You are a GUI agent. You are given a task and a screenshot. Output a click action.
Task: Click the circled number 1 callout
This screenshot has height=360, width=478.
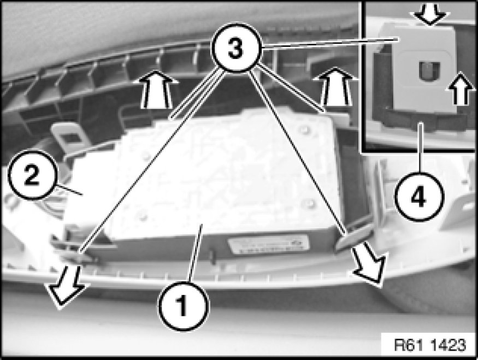(x=184, y=306)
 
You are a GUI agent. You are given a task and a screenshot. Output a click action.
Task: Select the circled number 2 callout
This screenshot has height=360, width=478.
(x=32, y=175)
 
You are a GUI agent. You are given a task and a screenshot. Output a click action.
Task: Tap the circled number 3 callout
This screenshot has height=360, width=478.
(x=237, y=48)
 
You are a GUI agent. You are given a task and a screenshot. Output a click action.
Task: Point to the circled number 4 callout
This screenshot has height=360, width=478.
(x=420, y=197)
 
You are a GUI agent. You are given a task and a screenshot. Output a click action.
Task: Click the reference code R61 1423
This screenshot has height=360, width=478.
(x=430, y=345)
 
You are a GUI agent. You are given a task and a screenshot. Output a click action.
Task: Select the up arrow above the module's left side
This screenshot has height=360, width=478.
(x=156, y=89)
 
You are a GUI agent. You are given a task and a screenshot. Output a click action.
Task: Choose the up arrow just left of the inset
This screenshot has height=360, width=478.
(x=334, y=86)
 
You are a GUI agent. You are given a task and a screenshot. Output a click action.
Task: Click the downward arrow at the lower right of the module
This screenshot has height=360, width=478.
(x=370, y=264)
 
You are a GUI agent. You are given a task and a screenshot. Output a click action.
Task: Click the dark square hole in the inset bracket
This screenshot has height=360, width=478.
(x=429, y=72)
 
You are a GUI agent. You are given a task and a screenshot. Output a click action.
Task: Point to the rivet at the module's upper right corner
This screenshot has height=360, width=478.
(x=304, y=129)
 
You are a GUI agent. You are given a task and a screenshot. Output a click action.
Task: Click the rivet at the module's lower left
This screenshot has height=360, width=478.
(x=143, y=217)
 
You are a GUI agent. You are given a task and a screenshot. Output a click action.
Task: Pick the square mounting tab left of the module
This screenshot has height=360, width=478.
(x=69, y=137)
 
